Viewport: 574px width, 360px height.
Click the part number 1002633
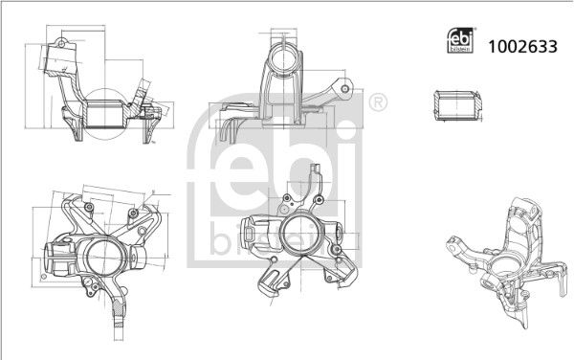(x=522, y=47)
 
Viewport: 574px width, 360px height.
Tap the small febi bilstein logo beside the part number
(x=460, y=40)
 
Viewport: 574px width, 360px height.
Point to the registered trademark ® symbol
(x=378, y=102)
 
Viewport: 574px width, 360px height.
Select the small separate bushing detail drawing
(x=458, y=105)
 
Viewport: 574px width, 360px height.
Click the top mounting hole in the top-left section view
(x=61, y=44)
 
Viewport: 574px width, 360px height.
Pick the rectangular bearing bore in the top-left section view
(x=104, y=115)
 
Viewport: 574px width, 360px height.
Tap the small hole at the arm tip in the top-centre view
(x=344, y=88)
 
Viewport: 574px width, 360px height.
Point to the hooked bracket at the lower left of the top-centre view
(x=230, y=131)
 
